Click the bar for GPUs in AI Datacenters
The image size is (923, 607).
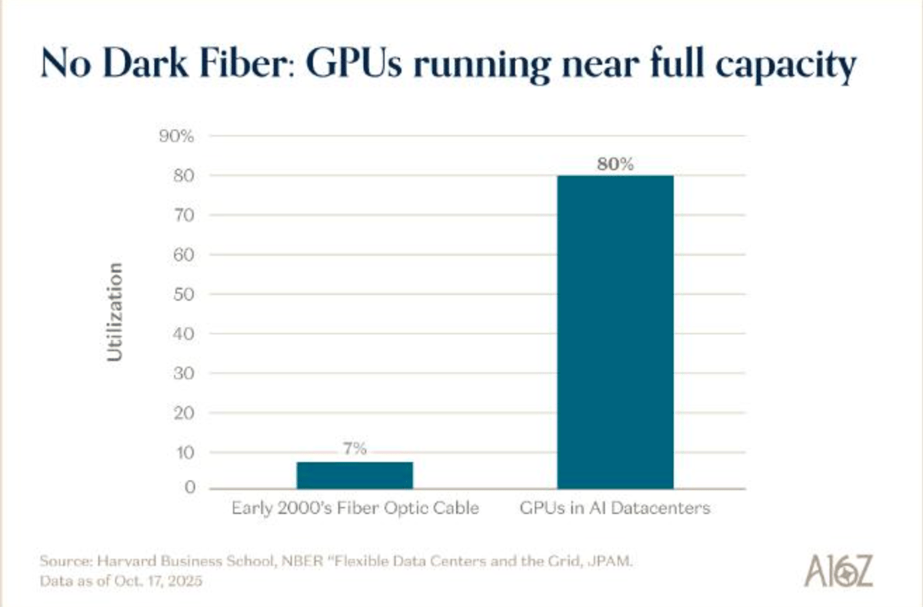[x=615, y=331]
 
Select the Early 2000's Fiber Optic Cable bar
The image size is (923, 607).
[x=355, y=475]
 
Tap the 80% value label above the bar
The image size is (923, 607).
[x=615, y=164]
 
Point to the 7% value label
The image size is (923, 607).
[x=355, y=449]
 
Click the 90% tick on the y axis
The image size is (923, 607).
[x=178, y=136]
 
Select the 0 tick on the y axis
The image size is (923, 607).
[x=189, y=488]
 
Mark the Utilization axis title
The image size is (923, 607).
[x=115, y=312]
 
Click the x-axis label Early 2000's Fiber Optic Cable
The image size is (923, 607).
[x=355, y=509]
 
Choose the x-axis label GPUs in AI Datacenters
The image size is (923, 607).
[x=615, y=509]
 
